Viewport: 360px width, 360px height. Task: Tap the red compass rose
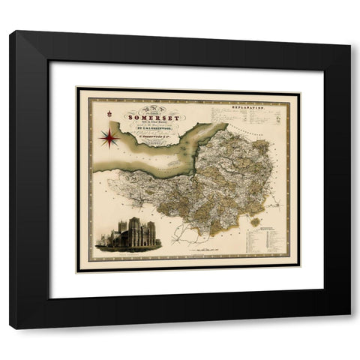[x=106, y=137]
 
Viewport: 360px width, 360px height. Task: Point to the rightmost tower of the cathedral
[x=151, y=229]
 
